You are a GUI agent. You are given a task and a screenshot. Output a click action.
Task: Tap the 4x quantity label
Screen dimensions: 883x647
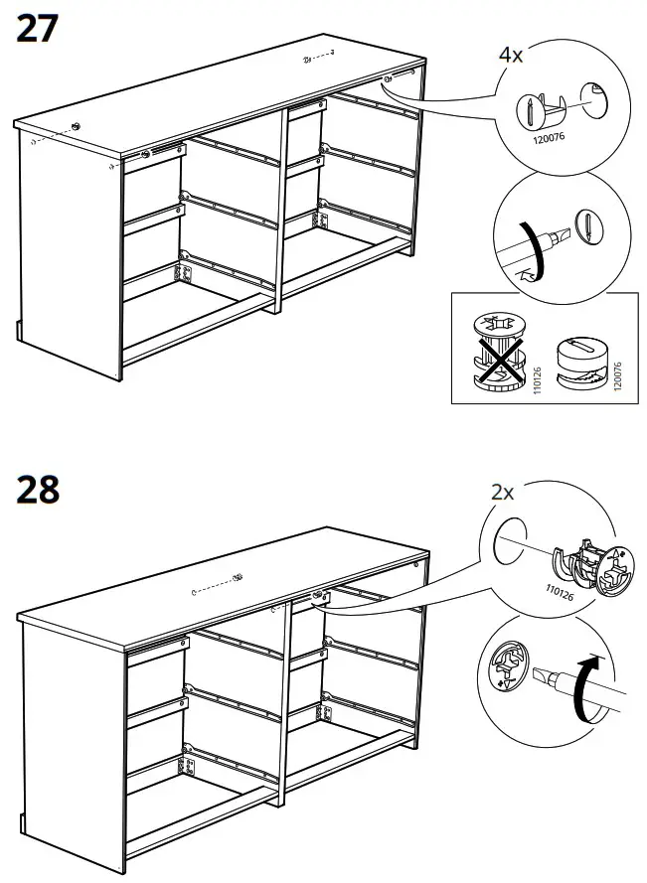tap(511, 54)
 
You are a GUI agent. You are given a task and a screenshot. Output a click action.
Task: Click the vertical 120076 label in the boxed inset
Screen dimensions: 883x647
tap(618, 360)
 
